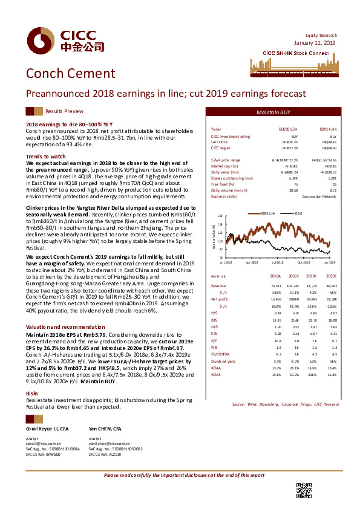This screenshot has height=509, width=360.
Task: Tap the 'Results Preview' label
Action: pyautogui.click(x=64, y=111)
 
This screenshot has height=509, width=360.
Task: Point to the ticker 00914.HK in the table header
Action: pyautogui.click(x=328, y=129)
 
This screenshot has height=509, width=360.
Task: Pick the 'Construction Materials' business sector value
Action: pyautogui.click(x=319, y=196)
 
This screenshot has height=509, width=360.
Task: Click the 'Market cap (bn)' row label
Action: pyautogui.click(x=223, y=165)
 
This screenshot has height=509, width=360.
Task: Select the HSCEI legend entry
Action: pyautogui.click(x=298, y=213)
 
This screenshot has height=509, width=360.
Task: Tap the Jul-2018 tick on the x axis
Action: pyautogui.click(x=278, y=262)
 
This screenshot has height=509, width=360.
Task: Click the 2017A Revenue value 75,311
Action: pyautogui.click(x=275, y=285)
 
